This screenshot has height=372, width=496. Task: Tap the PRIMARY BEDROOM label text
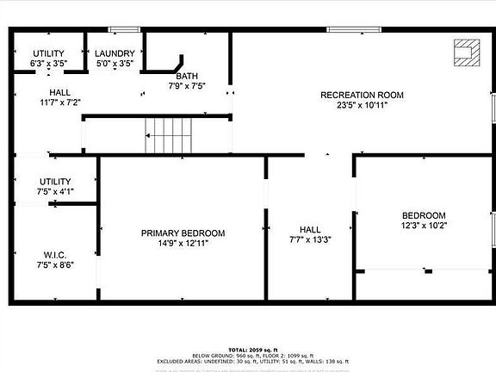(x=183, y=233)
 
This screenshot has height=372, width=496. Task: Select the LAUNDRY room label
(x=113, y=53)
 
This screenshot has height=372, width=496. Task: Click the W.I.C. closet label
(x=56, y=255)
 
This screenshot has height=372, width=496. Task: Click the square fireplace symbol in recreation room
(x=465, y=53)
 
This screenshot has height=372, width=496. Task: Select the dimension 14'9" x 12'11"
(x=183, y=244)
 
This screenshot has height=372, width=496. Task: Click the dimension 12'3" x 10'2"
(x=424, y=226)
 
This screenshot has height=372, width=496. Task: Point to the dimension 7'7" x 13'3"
(x=309, y=239)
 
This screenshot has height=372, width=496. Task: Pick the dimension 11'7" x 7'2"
(x=59, y=102)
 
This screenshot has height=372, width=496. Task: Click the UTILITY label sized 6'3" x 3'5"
(x=47, y=53)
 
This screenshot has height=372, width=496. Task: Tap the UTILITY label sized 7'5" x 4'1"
(x=56, y=181)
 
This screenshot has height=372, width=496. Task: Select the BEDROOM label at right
(x=424, y=215)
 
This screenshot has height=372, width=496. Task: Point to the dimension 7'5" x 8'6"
(x=56, y=265)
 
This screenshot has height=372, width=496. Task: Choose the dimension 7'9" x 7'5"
(x=186, y=86)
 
